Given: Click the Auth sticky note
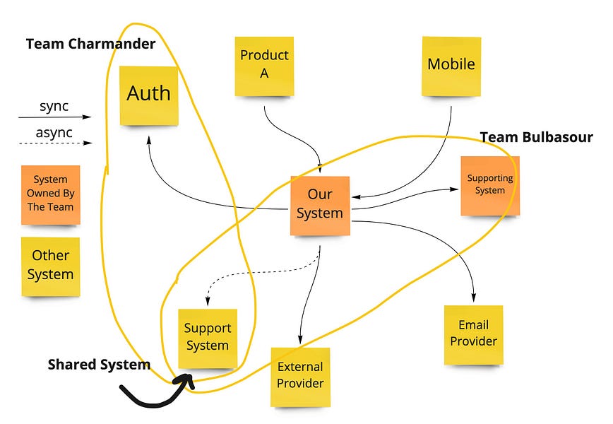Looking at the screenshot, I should tap(148, 95).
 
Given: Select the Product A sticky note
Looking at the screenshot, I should tap(264, 64).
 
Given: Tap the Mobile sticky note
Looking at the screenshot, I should tap(451, 65).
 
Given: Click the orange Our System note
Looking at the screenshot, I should tap(320, 204).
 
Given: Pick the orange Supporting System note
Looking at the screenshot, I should tap(489, 185).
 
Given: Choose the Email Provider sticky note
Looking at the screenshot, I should tap(473, 334).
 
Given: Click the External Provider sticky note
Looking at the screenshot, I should tap(300, 376).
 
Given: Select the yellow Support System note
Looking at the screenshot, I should tap(208, 338).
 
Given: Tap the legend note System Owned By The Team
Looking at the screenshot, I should tap(50, 194).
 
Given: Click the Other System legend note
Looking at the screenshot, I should tap(50, 265).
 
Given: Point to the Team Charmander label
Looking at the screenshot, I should tap(90, 44).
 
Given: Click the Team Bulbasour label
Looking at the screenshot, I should tap(536, 137).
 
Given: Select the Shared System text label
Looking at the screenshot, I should tap(99, 365).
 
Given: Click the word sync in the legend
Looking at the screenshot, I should tap(54, 107).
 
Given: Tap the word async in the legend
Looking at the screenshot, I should tap(53, 132).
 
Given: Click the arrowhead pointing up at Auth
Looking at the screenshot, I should tap(149, 139).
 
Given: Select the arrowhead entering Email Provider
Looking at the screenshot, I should tap(474, 298).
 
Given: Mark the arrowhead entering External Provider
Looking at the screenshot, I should tap(301, 338).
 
